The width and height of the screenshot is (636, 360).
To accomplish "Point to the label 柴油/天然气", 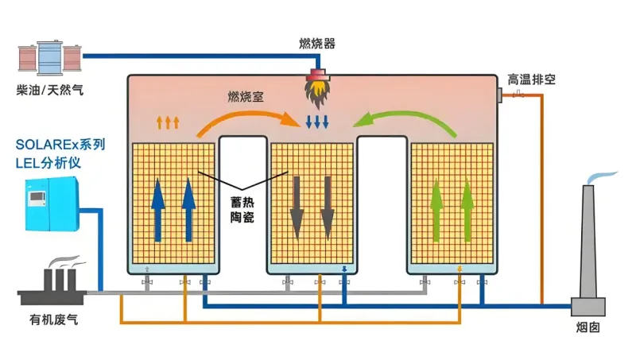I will [x=49, y=90].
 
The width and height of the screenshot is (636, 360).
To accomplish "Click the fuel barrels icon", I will [x=49, y=57].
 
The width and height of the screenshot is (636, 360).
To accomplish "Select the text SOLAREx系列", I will [x=60, y=146].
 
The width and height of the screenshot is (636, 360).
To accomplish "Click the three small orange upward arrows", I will [x=167, y=122].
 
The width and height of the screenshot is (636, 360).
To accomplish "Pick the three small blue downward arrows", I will [x=317, y=122].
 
